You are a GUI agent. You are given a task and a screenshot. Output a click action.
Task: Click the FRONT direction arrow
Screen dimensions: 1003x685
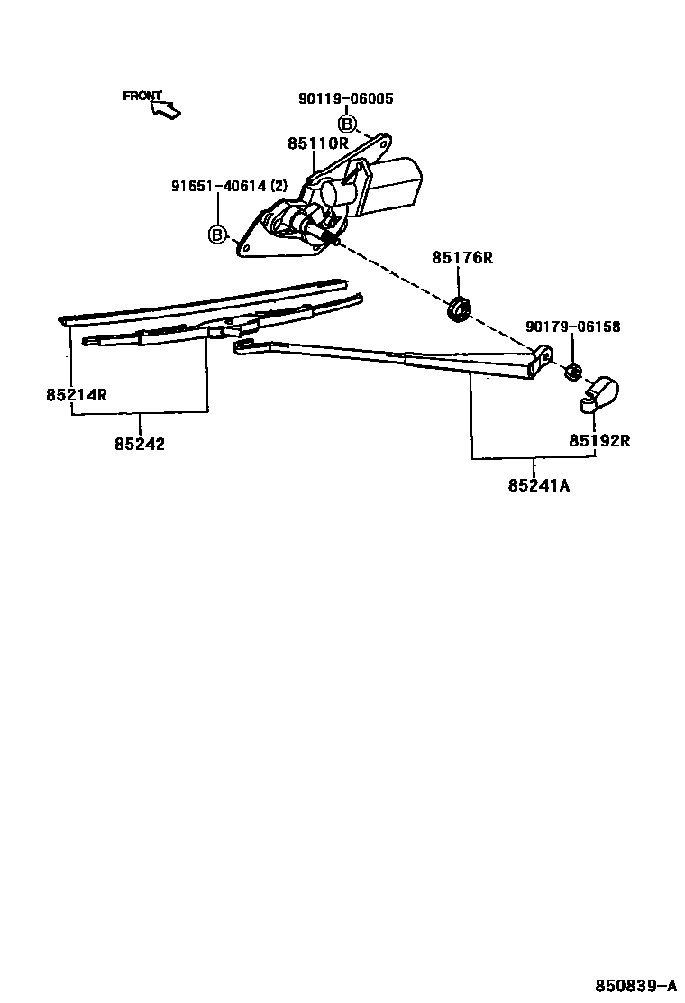click(x=167, y=110)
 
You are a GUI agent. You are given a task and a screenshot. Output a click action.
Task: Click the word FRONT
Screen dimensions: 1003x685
click(x=142, y=96)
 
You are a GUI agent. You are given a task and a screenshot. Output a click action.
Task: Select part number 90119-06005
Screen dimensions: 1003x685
click(x=345, y=98)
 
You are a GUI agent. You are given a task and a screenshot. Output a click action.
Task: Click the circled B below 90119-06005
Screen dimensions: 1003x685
click(x=347, y=124)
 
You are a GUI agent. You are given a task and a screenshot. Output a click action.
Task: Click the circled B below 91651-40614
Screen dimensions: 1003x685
click(x=217, y=235)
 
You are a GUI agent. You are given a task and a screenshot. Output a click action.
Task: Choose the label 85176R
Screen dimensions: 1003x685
click(x=461, y=258)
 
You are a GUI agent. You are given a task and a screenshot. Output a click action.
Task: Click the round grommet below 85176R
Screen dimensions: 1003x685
click(x=460, y=307)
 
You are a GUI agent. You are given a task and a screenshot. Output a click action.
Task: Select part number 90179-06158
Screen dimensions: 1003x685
click(x=573, y=327)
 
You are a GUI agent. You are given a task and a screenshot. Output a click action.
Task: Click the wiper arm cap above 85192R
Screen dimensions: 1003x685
click(x=599, y=393)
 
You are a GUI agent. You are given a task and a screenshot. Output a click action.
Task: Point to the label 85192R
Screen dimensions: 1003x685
click(x=598, y=441)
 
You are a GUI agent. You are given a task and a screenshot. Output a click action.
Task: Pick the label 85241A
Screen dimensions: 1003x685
click(x=538, y=485)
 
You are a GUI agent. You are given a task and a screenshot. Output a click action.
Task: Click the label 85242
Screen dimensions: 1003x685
click(x=140, y=444)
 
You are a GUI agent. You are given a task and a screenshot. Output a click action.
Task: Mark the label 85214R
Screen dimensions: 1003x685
click(x=77, y=394)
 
